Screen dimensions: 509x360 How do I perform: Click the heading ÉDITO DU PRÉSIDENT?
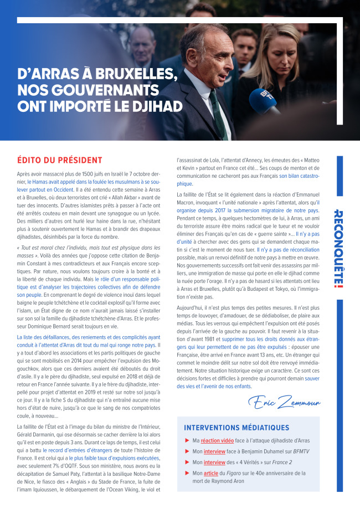[60, 161]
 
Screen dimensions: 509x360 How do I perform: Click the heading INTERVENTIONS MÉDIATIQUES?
[236, 428]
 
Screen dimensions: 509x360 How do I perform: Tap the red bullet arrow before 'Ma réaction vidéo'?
[187, 440]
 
